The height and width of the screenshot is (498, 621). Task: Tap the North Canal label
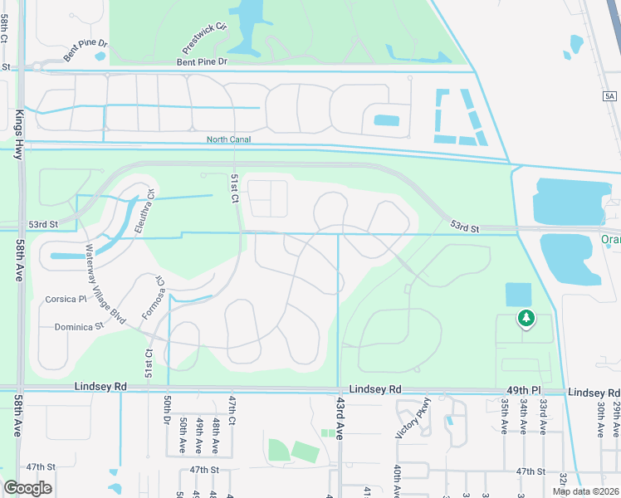pyautogui.click(x=227, y=140)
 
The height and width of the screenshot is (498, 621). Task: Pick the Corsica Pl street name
pyautogui.click(x=66, y=298)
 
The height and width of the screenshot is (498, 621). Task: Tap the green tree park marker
pyautogui.click(x=525, y=317)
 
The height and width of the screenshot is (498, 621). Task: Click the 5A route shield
pyautogui.click(x=610, y=96)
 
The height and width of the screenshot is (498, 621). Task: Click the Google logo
pyautogui.click(x=27, y=488)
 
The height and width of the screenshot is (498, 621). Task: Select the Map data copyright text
pyautogui.click(x=586, y=491)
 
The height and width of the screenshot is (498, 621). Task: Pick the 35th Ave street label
pyautogui.click(x=504, y=416)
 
